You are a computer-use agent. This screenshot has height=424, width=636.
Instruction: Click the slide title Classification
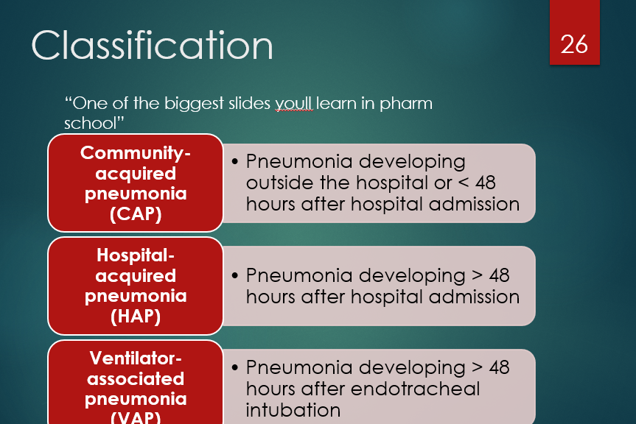(152, 46)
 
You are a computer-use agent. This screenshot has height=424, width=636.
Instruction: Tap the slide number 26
(574, 44)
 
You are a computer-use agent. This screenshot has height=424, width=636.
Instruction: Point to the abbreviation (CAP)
(136, 215)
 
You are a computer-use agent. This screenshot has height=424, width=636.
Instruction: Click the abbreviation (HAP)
(136, 317)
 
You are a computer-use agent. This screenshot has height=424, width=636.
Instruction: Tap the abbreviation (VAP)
(136, 417)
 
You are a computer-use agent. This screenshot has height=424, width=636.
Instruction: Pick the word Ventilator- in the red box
(136, 358)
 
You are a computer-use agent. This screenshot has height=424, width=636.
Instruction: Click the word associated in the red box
(136, 379)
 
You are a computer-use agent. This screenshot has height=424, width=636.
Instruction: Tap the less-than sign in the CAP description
(461, 183)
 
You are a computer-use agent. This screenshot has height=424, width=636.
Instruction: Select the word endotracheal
(417, 389)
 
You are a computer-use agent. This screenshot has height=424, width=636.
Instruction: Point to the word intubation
(293, 410)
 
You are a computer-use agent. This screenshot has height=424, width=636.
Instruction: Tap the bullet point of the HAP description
(234, 276)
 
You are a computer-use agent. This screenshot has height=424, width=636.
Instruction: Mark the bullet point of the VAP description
(234, 367)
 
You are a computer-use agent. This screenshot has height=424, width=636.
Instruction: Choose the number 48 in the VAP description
(499, 367)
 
